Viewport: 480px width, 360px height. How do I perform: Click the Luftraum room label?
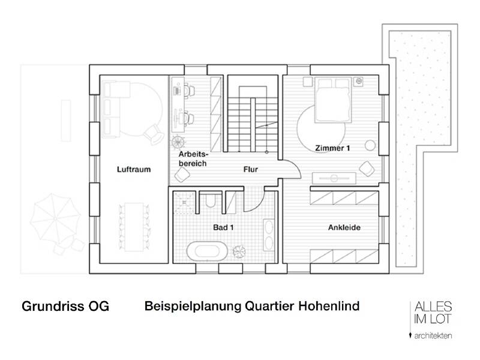pos(133,170)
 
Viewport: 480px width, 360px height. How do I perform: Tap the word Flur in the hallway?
pos(250,170)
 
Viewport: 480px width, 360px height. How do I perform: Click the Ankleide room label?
pos(344,228)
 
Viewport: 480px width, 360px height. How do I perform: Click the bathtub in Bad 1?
pos(207,250)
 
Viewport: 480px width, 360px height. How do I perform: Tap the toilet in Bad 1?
pos(209,201)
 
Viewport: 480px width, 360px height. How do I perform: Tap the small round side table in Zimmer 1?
pos(370,144)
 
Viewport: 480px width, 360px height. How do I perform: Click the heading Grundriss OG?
pos(65,307)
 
